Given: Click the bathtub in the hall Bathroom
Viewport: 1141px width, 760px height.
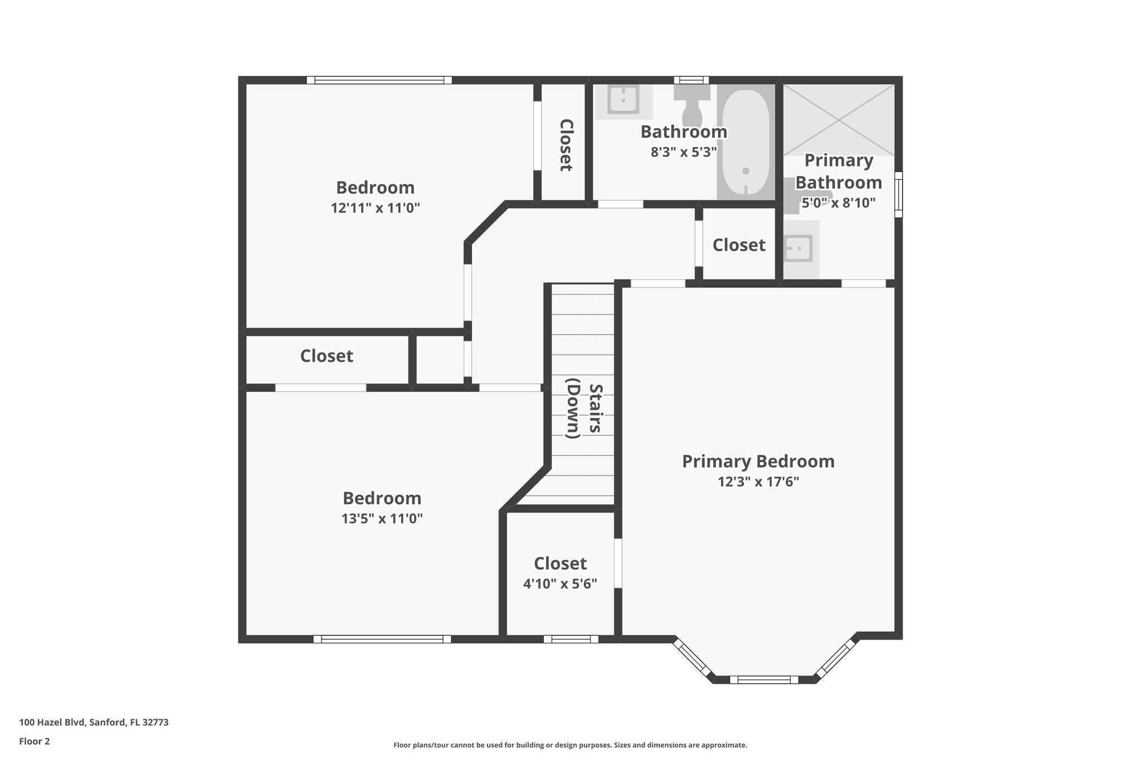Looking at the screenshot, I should click(x=745, y=142).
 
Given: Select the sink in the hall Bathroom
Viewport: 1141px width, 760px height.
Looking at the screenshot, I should click(x=623, y=101).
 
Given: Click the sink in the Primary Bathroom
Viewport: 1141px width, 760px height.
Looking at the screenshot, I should click(x=798, y=248).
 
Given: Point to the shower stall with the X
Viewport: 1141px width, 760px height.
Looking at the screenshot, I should click(x=838, y=120).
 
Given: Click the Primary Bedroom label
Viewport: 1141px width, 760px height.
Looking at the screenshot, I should click(x=758, y=461).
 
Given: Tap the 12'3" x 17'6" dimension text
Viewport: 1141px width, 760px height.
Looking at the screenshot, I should click(x=758, y=482).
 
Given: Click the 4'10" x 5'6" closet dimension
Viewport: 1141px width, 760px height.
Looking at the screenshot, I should click(x=560, y=584).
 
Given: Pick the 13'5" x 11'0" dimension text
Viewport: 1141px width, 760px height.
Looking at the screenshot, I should click(x=382, y=519).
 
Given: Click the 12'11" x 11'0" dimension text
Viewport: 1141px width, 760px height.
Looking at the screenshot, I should click(x=375, y=208).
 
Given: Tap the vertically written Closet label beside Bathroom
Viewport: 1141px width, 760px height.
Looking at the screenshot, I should click(x=565, y=145).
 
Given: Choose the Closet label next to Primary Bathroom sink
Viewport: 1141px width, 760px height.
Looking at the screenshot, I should click(x=739, y=245).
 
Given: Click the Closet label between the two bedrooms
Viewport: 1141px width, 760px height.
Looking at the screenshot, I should click(x=326, y=356).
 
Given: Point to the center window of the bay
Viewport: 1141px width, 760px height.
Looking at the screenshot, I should click(x=764, y=679).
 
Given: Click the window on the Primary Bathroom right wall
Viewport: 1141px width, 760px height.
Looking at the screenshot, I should click(x=898, y=194).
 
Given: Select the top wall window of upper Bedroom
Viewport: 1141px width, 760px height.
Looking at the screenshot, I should click(x=379, y=80).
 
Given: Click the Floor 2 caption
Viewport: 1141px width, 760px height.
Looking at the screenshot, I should click(x=35, y=741).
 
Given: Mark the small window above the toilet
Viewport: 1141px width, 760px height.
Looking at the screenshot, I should click(x=691, y=80).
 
